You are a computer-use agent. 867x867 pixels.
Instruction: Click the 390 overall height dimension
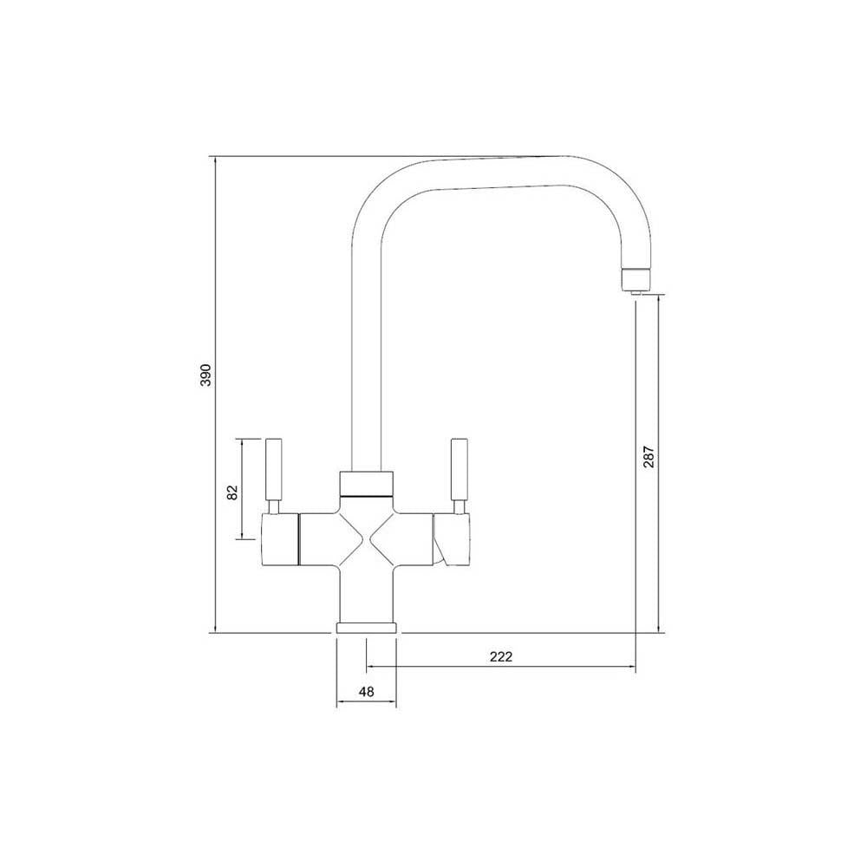tap(205, 375)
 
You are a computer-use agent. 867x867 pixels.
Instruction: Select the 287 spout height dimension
tap(649, 456)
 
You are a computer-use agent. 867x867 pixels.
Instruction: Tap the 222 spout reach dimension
tap(501, 656)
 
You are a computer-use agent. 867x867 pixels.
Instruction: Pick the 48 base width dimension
tap(366, 691)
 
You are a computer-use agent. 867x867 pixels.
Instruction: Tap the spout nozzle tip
tap(636, 280)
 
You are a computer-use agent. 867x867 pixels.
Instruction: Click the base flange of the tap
tap(366, 627)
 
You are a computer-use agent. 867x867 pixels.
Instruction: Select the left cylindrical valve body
tap(280, 538)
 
